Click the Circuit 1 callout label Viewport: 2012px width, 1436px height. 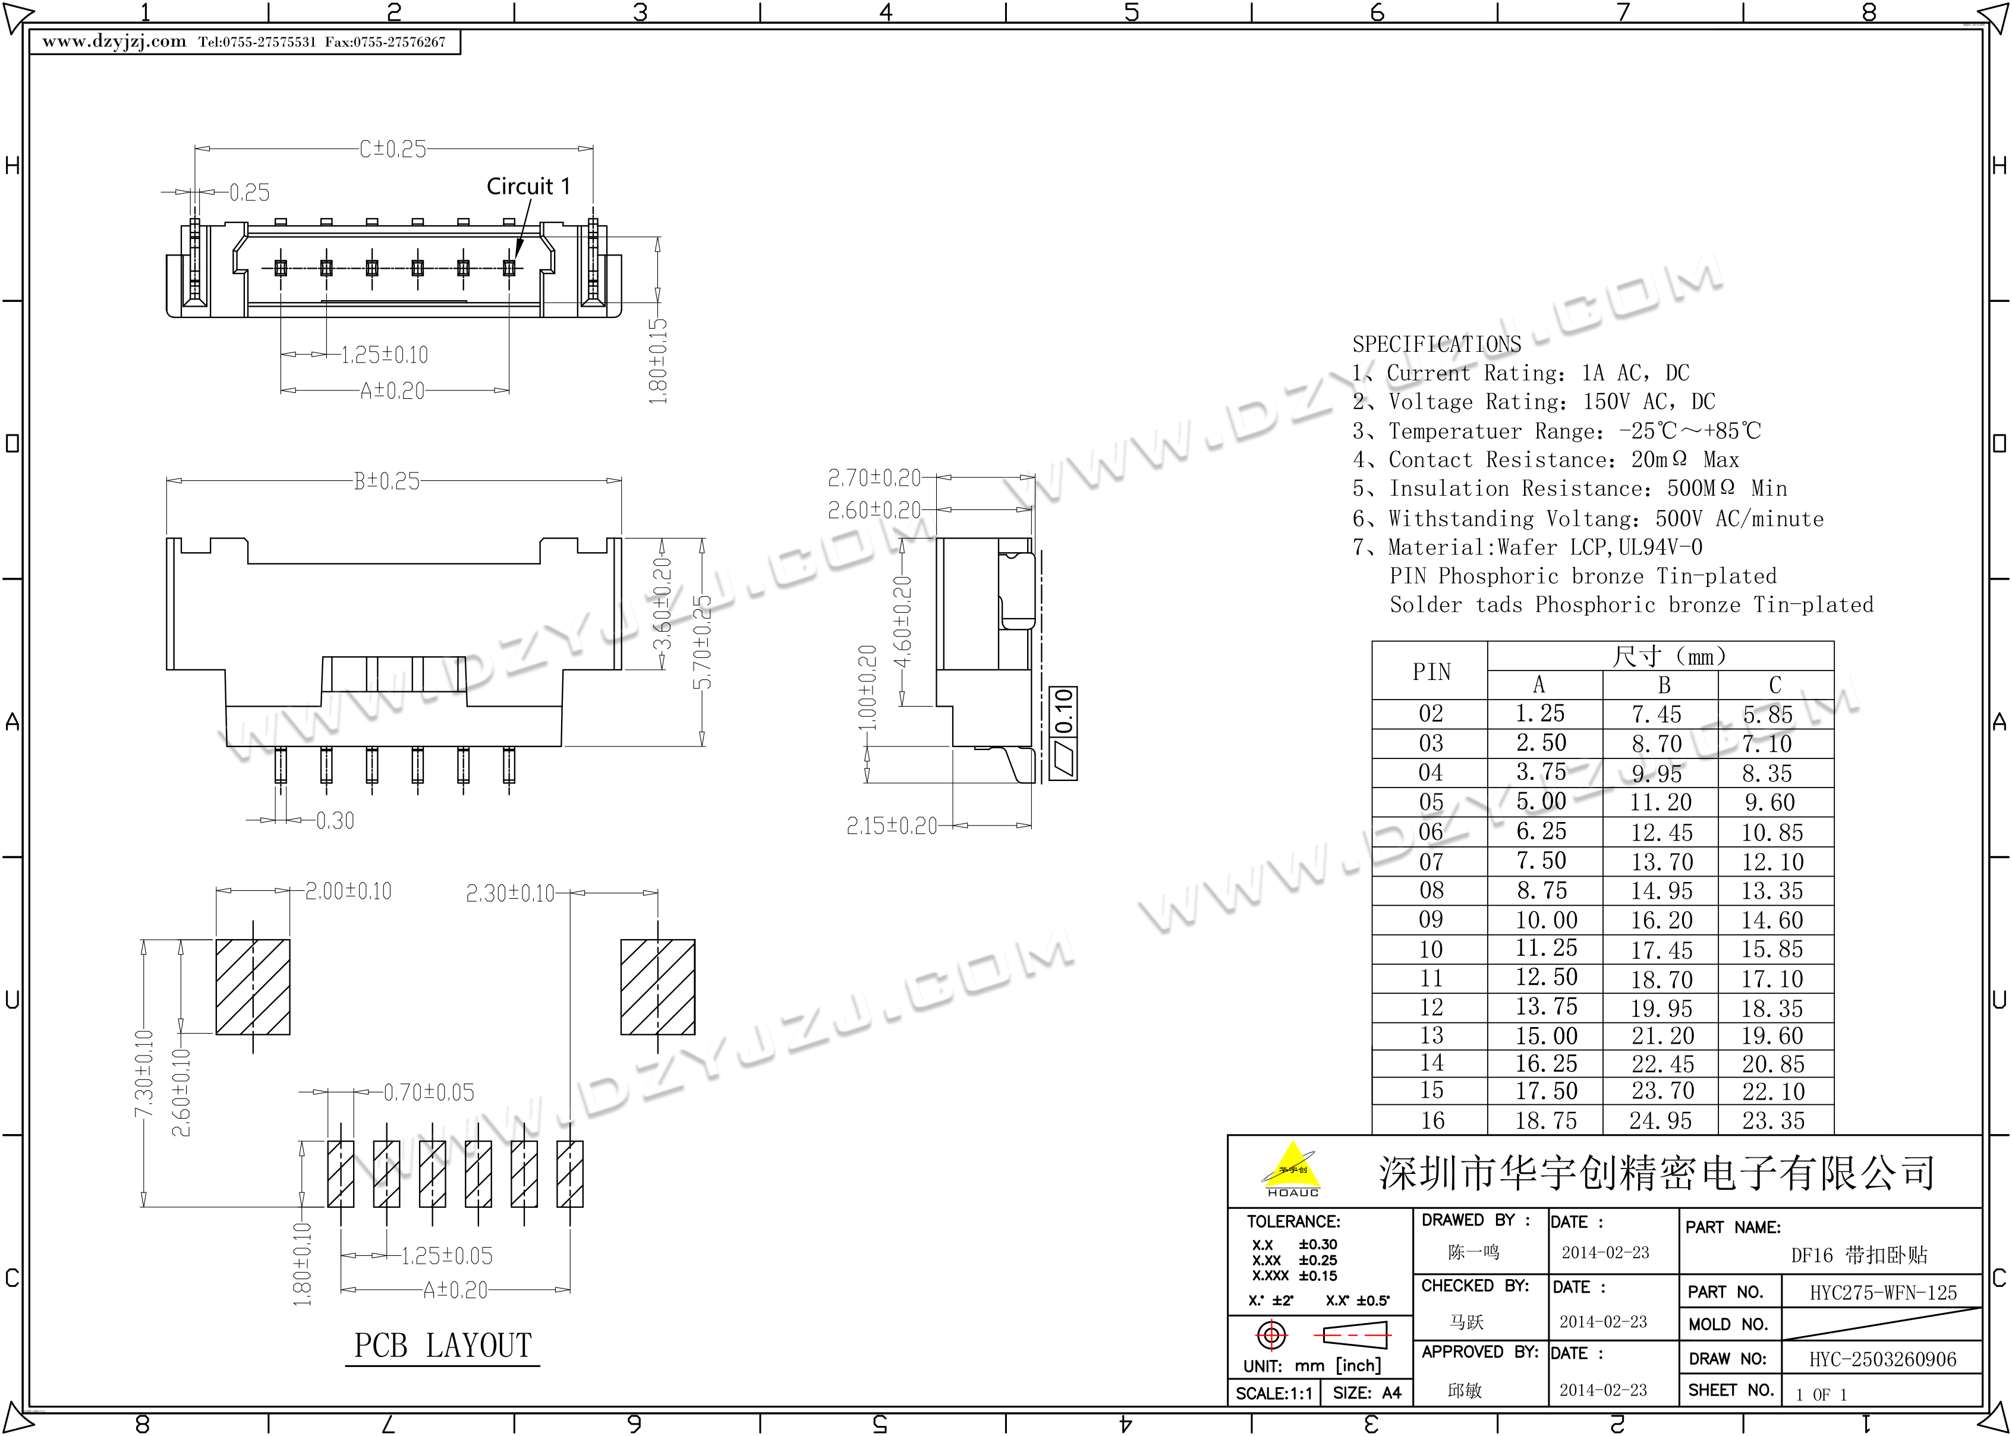point(528,187)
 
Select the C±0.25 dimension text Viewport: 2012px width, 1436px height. point(392,149)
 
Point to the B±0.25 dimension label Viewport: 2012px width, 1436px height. point(387,481)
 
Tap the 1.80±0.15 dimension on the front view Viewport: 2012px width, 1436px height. point(659,361)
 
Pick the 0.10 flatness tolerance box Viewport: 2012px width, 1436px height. point(1063,733)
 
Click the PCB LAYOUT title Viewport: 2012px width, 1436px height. point(443,1346)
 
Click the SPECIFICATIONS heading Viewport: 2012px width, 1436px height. point(1437,344)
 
